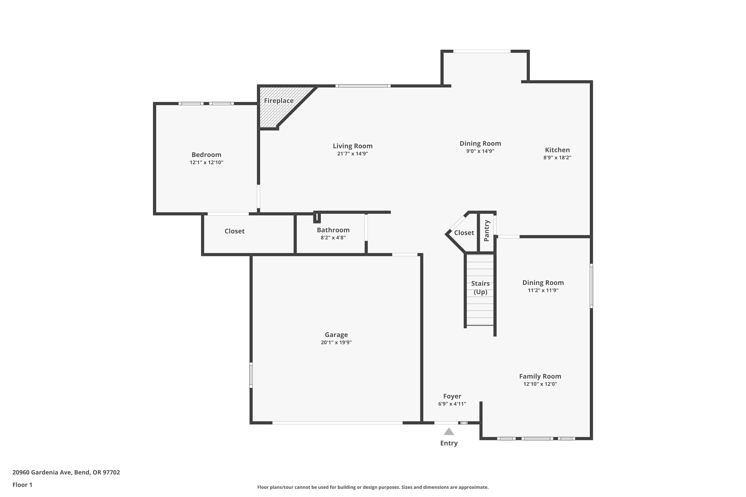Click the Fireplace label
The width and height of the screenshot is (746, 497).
point(279,101)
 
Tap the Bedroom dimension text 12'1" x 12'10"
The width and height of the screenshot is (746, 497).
point(206,163)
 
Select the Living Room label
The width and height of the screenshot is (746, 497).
point(352,146)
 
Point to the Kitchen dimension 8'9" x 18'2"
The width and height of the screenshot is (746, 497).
point(557,158)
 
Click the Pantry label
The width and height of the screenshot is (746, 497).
point(487,231)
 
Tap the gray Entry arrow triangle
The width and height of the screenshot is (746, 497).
point(449,431)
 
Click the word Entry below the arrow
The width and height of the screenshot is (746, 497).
point(449,443)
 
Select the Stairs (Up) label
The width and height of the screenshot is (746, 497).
point(480,288)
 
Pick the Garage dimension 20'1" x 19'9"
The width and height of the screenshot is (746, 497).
point(336,342)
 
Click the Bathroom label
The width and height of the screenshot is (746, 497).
point(333,230)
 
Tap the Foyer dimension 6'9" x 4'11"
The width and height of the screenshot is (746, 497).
point(452,404)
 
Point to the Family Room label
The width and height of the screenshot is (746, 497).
point(540,376)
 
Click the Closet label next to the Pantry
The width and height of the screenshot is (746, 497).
point(464,233)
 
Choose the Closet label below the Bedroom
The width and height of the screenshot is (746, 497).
point(234,231)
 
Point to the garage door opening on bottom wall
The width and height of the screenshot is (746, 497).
point(337,423)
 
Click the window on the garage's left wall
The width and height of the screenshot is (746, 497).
point(251,375)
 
